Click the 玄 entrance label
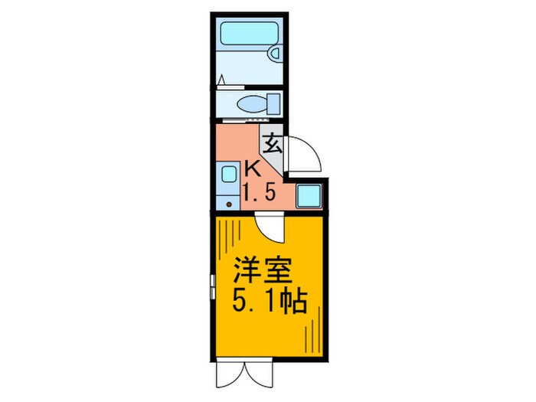[273, 142]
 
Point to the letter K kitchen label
[253, 168]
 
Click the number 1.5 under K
[259, 191]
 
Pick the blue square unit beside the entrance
[310, 195]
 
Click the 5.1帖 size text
[269, 303]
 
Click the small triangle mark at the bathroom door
[221, 80]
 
